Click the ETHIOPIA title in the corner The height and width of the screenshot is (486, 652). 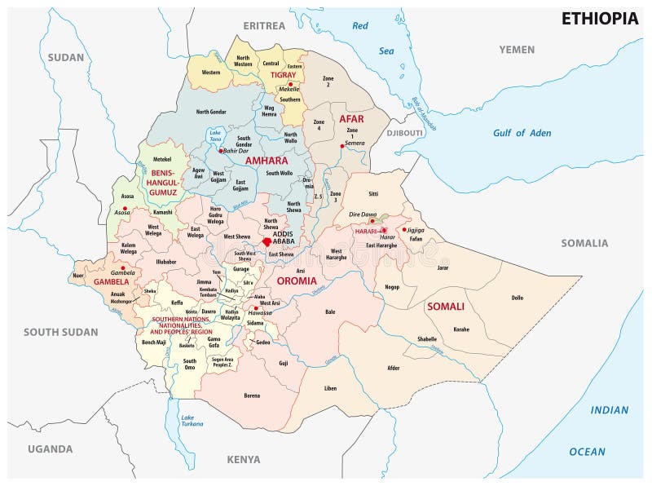point(599,19)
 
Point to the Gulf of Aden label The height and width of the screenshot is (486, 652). point(522,133)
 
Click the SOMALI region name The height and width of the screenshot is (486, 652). point(445,307)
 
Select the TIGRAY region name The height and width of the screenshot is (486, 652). point(283,75)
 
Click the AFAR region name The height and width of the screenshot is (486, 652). point(351,119)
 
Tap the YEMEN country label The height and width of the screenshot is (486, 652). point(517,50)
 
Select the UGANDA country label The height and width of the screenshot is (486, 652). point(50,448)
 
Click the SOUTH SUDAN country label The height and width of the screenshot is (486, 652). point(60,332)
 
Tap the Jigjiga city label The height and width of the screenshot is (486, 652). point(416,230)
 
